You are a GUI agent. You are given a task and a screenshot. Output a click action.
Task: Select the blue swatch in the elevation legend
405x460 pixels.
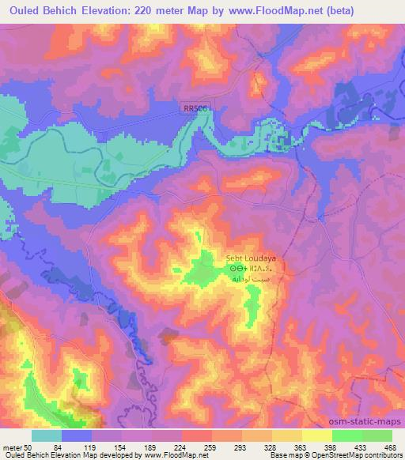[x=76, y=435]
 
